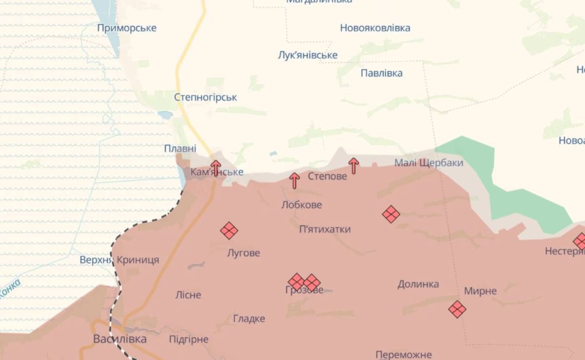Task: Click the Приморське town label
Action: click(127, 28)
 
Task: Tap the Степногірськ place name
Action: click(205, 97)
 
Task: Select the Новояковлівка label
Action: click(375, 28)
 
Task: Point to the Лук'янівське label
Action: click(307, 55)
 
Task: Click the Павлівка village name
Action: click(381, 73)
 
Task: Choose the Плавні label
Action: click(180, 148)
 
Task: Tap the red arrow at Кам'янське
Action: click(215, 168)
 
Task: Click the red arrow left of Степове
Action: click(294, 180)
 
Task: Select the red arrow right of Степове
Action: click(354, 166)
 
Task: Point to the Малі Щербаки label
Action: click(429, 163)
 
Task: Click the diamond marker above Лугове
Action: click(229, 230)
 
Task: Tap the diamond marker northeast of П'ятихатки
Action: click(391, 214)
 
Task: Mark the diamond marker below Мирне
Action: click(457, 309)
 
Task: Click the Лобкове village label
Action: click(301, 205)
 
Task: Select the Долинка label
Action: click(418, 284)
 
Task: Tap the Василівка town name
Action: click(119, 339)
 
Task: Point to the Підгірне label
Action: click(188, 340)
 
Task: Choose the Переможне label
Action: click(404, 355)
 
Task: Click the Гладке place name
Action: click(249, 319)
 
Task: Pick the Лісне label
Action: click(188, 295)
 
